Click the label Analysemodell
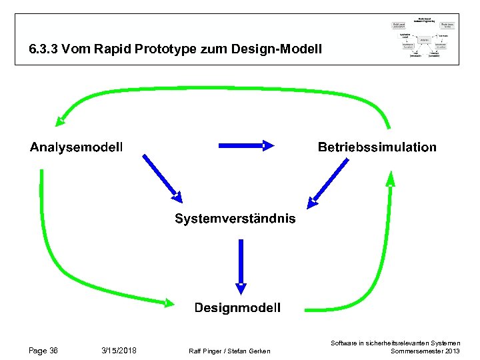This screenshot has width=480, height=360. click(x=76, y=147)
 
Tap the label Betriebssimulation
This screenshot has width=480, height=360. click(x=377, y=147)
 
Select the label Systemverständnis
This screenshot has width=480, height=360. click(x=235, y=219)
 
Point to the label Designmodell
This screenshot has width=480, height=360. click(x=237, y=307)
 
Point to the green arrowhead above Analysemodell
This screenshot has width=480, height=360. click(x=61, y=120)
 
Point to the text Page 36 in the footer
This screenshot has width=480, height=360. click(x=43, y=351)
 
